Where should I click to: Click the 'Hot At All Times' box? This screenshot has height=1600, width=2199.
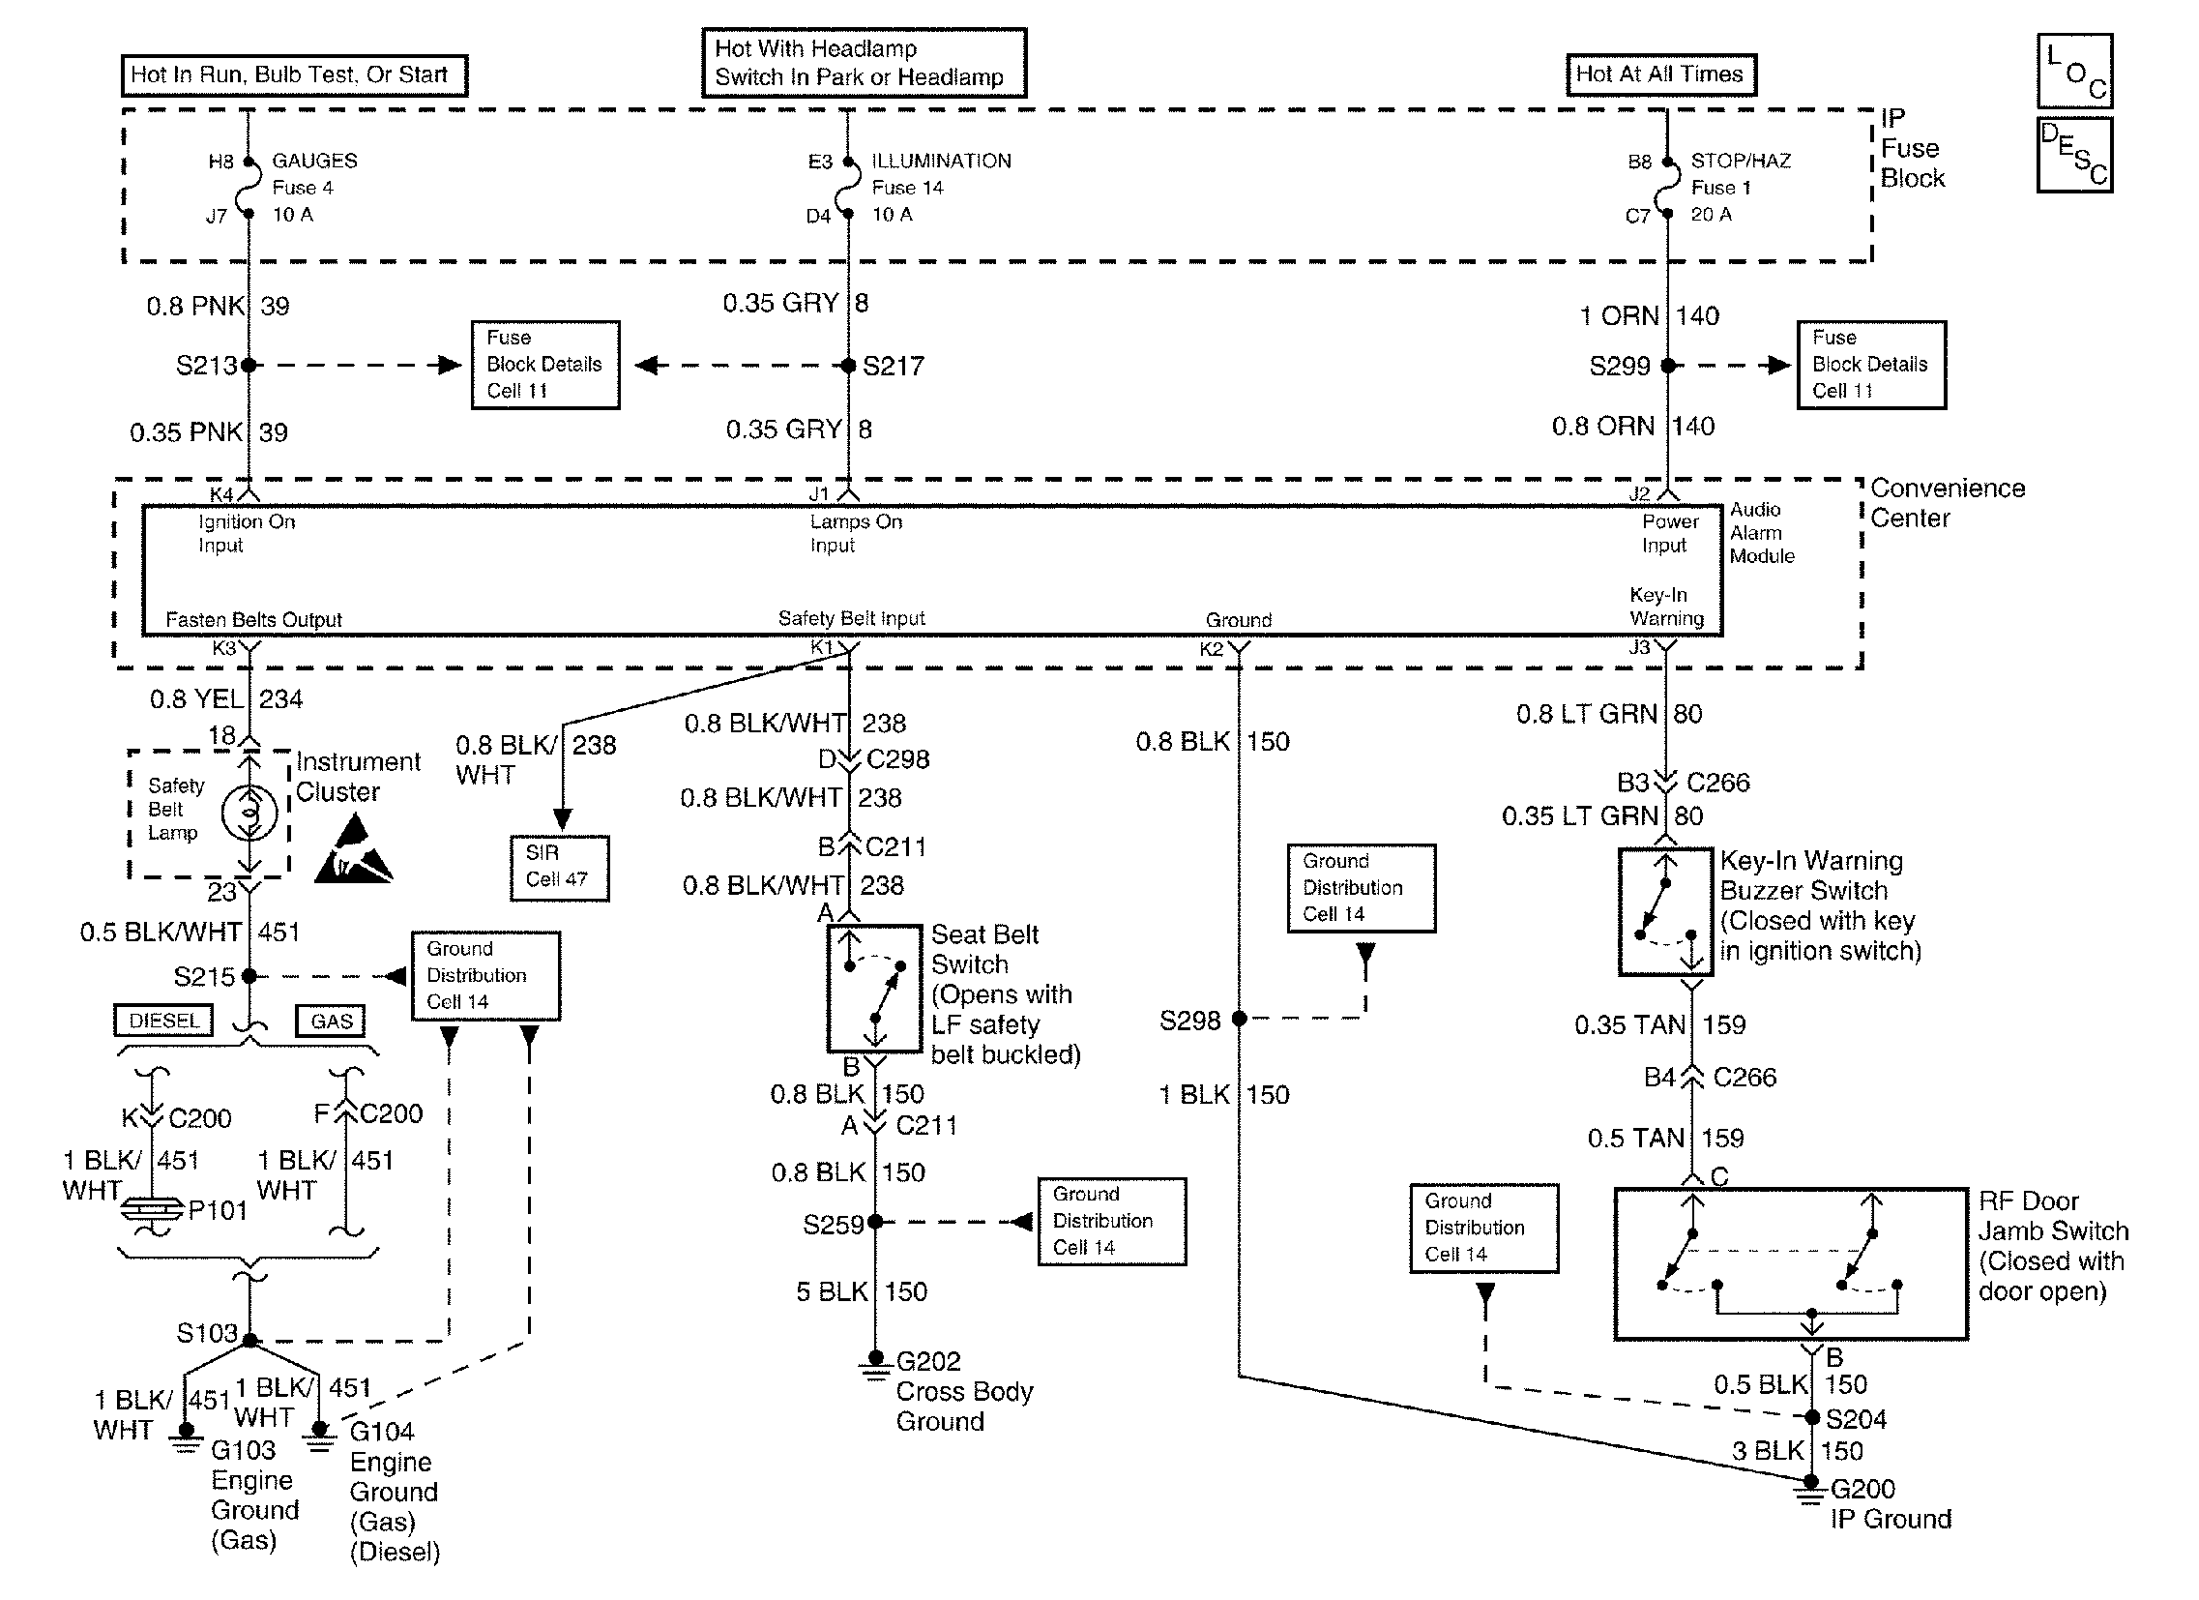click(x=1660, y=74)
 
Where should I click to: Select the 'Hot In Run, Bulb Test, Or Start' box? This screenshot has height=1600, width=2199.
click(x=294, y=75)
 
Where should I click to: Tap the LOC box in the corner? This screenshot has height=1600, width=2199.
click(x=2074, y=71)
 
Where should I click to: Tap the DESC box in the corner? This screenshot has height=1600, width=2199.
click(x=2074, y=155)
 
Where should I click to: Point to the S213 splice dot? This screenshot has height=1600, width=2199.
click(x=249, y=366)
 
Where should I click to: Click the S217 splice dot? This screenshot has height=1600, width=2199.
click(x=848, y=366)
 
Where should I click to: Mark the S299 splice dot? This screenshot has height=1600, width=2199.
click(x=1668, y=366)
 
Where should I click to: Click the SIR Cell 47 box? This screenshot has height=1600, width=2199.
click(x=560, y=867)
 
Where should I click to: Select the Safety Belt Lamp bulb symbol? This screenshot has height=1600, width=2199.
click(x=249, y=813)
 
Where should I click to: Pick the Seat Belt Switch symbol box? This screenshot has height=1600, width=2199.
click(x=873, y=988)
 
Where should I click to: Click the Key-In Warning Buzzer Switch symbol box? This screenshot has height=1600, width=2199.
click(x=1665, y=911)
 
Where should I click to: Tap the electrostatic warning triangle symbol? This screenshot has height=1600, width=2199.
click(x=352, y=851)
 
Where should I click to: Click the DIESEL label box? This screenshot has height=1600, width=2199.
click(x=163, y=1022)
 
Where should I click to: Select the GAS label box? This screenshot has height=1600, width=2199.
click(x=331, y=1022)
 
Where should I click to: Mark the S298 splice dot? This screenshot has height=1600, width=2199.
click(x=1239, y=1020)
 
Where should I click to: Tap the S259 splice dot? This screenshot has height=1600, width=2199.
click(x=874, y=1222)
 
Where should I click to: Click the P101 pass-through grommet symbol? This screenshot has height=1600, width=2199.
click(x=152, y=1210)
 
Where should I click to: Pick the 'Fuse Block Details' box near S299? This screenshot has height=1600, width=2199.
click(x=1870, y=365)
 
